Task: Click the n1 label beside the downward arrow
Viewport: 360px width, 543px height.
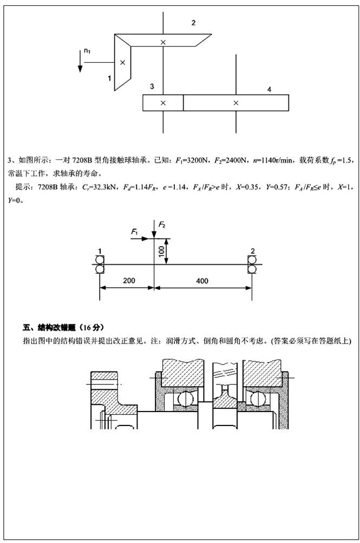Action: click(x=87, y=51)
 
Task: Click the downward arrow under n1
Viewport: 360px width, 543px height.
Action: click(x=80, y=63)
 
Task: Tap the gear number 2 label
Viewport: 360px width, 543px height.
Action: click(x=193, y=23)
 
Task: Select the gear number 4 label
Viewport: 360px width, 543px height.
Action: click(x=269, y=88)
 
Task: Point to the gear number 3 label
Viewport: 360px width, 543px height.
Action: click(x=152, y=87)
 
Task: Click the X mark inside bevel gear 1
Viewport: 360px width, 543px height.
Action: click(x=122, y=63)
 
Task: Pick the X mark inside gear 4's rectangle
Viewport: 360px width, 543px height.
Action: click(x=235, y=102)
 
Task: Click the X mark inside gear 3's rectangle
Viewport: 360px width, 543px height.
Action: click(x=163, y=102)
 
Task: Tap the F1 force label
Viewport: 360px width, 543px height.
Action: click(x=135, y=231)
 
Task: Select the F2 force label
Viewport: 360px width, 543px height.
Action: click(x=161, y=224)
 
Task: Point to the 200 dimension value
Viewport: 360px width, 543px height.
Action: click(x=128, y=281)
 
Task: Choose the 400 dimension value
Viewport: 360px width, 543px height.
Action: click(x=202, y=281)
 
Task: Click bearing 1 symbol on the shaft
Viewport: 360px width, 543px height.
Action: click(x=100, y=265)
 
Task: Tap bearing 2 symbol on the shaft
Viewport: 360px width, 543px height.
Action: click(x=252, y=265)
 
